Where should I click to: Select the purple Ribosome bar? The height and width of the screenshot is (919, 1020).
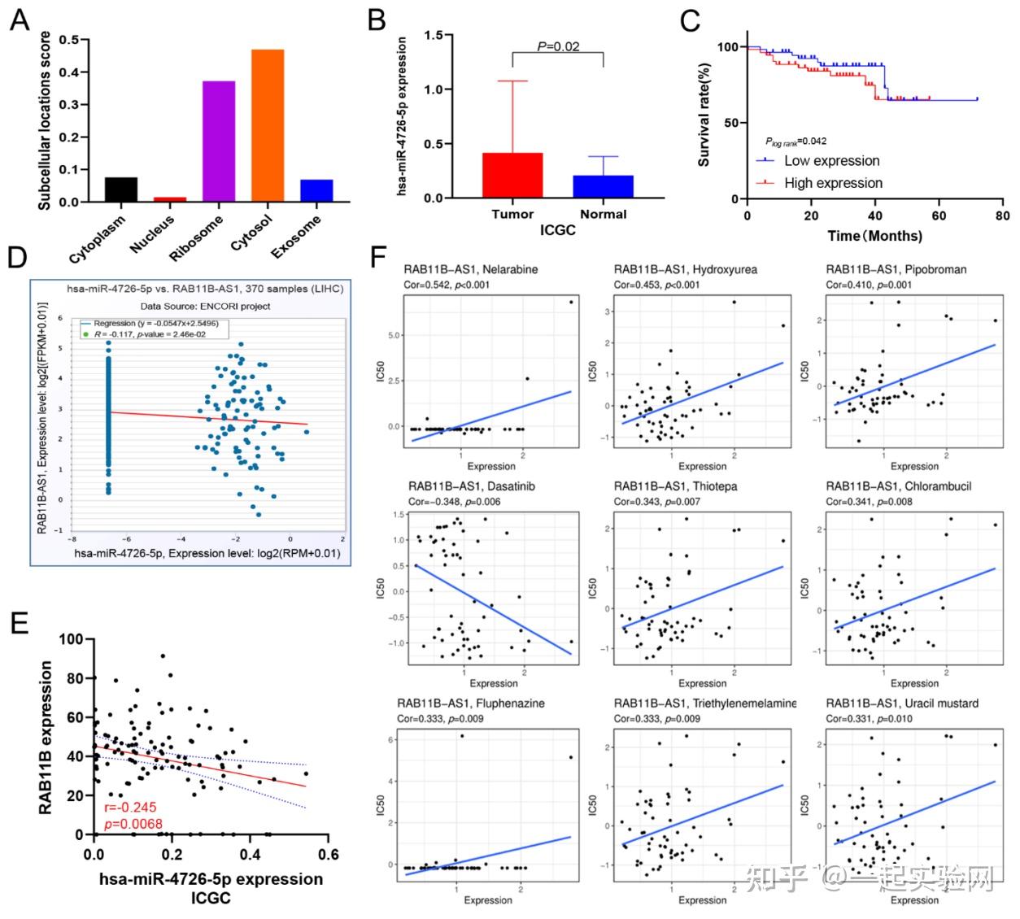219,142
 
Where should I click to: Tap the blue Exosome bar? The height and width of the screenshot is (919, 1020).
316,191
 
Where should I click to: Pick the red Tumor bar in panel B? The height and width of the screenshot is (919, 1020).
512,175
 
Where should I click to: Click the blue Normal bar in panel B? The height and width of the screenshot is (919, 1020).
603,186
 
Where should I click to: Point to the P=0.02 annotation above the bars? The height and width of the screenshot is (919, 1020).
558,46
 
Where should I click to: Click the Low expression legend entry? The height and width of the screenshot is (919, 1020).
831,161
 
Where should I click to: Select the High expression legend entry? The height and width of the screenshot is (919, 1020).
833,183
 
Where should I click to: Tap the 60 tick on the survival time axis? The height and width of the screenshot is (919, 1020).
939,216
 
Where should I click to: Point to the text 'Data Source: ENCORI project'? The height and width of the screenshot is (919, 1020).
205,306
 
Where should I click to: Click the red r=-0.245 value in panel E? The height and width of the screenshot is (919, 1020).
130,808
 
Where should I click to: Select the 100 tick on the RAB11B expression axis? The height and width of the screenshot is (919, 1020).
72,639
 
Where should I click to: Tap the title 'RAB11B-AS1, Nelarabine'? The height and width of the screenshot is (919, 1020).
471,269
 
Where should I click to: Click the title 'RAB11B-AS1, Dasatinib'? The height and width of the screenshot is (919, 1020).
472,486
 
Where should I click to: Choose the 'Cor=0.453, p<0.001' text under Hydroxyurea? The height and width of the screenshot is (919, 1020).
656,285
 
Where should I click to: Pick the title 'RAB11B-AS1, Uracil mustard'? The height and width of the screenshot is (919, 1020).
902,703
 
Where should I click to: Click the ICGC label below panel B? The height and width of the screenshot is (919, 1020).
558,230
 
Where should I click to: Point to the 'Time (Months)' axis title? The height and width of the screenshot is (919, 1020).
874,236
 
